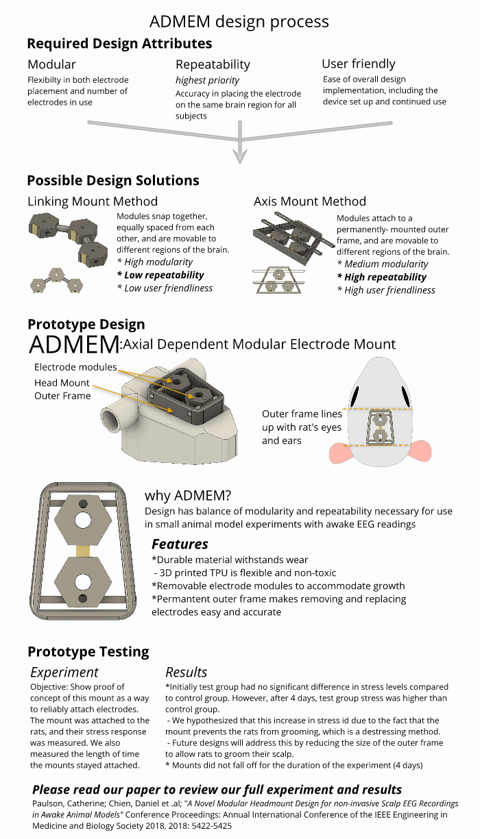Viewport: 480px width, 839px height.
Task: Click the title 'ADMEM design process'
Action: tap(239, 22)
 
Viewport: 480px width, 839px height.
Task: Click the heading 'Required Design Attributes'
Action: tap(119, 43)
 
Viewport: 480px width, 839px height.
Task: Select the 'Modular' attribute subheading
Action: tap(51, 64)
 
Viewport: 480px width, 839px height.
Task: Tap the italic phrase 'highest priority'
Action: tap(207, 80)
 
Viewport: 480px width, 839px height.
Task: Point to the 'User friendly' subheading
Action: tap(359, 64)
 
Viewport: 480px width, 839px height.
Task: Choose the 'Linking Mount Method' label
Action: tap(93, 201)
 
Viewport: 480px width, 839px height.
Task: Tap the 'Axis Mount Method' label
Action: tap(310, 201)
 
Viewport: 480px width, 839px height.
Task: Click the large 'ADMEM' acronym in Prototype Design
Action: tap(74, 345)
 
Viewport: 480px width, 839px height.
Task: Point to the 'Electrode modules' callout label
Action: tap(75, 367)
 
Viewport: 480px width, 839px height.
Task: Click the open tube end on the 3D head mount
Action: tap(113, 421)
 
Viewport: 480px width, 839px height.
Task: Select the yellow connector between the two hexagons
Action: tap(83, 551)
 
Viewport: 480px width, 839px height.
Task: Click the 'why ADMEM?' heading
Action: tap(188, 496)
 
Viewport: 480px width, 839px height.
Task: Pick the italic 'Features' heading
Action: tap(180, 544)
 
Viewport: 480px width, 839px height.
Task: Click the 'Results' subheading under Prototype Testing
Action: tap(186, 673)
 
